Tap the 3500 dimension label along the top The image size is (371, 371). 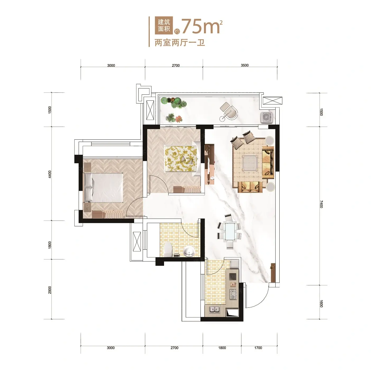245,65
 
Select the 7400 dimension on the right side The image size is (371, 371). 321,204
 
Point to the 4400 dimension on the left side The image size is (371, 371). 50,174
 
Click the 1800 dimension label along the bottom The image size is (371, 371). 222,348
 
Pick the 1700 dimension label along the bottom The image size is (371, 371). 258,348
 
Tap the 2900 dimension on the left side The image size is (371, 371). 50,290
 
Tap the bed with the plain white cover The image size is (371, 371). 103,188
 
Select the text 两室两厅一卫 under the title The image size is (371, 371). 180,43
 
